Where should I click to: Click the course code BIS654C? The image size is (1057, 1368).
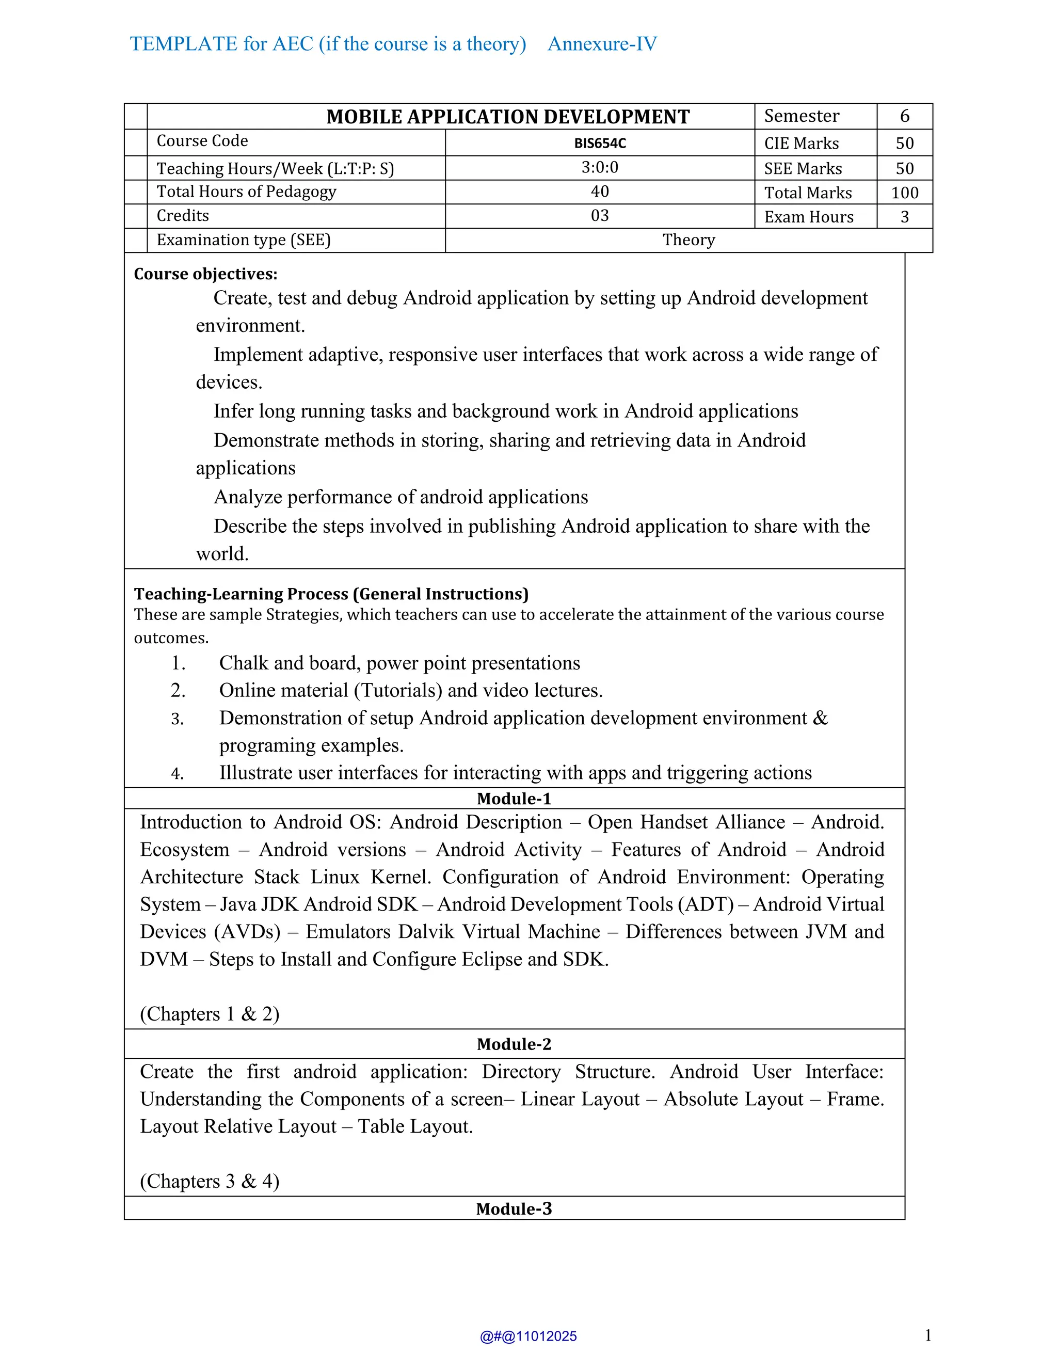(600, 144)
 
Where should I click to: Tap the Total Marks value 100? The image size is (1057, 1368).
(904, 193)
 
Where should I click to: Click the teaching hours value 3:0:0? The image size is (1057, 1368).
(600, 167)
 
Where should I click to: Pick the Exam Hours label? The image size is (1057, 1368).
(808, 217)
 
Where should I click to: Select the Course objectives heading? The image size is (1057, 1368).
(205, 274)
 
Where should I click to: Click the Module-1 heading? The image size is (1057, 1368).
(514, 799)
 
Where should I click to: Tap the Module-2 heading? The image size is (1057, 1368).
(514, 1044)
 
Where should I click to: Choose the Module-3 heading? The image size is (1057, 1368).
(514, 1209)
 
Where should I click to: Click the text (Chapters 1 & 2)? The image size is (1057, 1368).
(209, 1014)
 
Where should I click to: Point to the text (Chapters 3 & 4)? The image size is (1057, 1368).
(209, 1181)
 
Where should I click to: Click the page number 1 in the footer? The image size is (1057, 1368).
(927, 1335)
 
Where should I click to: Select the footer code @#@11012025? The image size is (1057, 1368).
(528, 1337)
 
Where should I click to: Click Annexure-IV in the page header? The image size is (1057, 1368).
(602, 44)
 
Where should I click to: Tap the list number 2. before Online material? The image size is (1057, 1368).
(178, 690)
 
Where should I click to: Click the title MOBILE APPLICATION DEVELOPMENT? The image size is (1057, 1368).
(508, 117)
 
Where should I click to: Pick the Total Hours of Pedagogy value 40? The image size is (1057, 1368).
(600, 192)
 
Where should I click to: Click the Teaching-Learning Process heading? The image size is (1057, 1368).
(331, 594)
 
